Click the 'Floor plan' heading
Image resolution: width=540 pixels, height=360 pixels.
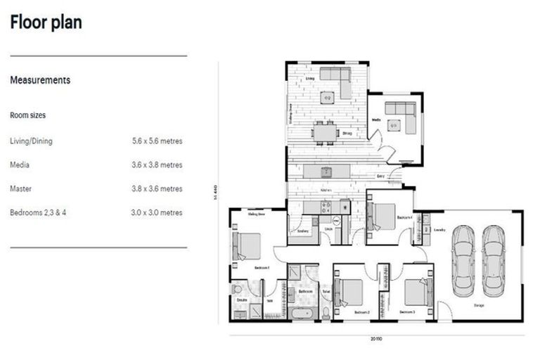click(46, 22)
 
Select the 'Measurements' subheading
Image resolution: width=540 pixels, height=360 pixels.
click(40, 80)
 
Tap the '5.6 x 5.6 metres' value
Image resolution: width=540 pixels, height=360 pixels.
click(157, 141)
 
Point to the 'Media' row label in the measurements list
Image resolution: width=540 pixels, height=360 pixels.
click(20, 165)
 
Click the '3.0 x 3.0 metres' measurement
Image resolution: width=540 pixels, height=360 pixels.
click(157, 212)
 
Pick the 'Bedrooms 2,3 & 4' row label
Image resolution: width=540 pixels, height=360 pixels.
click(37, 212)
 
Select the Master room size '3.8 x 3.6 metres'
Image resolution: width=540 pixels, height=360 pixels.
click(157, 188)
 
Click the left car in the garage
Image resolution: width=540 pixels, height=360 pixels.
click(463, 261)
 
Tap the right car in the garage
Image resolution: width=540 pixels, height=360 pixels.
click(494, 261)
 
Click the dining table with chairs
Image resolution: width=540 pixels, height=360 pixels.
click(325, 132)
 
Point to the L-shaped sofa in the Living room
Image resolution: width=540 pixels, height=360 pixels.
click(337, 79)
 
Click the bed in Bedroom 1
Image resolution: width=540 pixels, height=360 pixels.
click(248, 246)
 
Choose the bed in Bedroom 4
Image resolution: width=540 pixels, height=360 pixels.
click(383, 217)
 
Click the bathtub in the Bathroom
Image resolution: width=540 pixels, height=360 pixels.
click(305, 313)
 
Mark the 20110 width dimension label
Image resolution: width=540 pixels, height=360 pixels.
click(378, 339)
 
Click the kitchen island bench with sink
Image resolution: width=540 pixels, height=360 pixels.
click(326, 172)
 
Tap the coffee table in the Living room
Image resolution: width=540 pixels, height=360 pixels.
click(327, 98)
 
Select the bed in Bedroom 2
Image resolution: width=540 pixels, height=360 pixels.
click(349, 292)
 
